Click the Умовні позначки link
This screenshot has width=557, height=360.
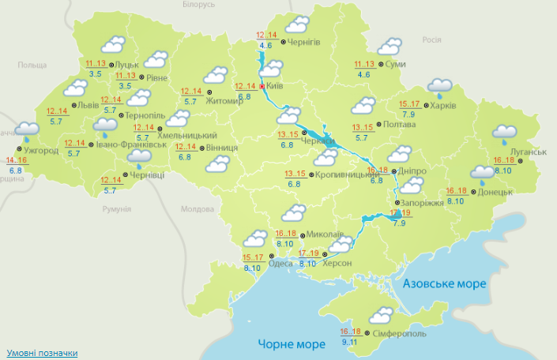[x=42, y=352]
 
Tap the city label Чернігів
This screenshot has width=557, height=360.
[x=304, y=43]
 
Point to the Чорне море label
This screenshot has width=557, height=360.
[x=292, y=345]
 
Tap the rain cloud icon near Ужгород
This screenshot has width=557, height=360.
[x=28, y=129]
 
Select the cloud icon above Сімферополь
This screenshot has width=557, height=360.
[x=381, y=315]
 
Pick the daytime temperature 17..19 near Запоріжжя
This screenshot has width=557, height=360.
[x=401, y=213]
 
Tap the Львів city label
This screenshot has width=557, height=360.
[x=85, y=105]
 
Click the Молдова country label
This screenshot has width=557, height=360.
[x=198, y=209]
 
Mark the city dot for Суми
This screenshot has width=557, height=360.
[x=380, y=65]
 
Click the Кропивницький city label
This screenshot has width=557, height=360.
[x=348, y=174]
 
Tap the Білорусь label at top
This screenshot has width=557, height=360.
[x=198, y=5]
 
